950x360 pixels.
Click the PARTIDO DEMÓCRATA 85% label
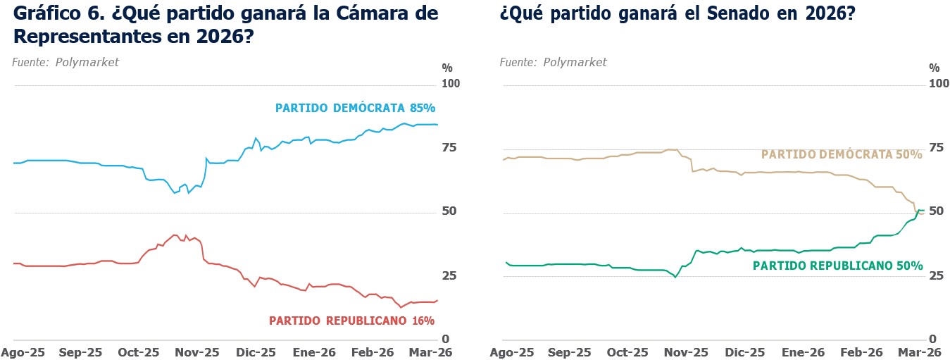point(355,108)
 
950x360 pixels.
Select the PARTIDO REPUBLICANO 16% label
point(351,321)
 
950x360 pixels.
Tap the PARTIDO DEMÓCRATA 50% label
point(842,154)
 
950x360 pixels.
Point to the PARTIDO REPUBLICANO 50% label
point(837,266)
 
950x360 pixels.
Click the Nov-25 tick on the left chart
point(196,352)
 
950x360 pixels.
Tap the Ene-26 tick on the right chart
point(804,352)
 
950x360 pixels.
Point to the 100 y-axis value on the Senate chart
point(939,85)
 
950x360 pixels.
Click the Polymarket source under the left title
point(87,62)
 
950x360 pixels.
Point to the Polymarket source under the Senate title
point(575,62)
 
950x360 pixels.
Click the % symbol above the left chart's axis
point(447,68)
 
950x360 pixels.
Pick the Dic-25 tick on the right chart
point(744,352)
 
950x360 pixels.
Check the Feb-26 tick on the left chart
point(373,352)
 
